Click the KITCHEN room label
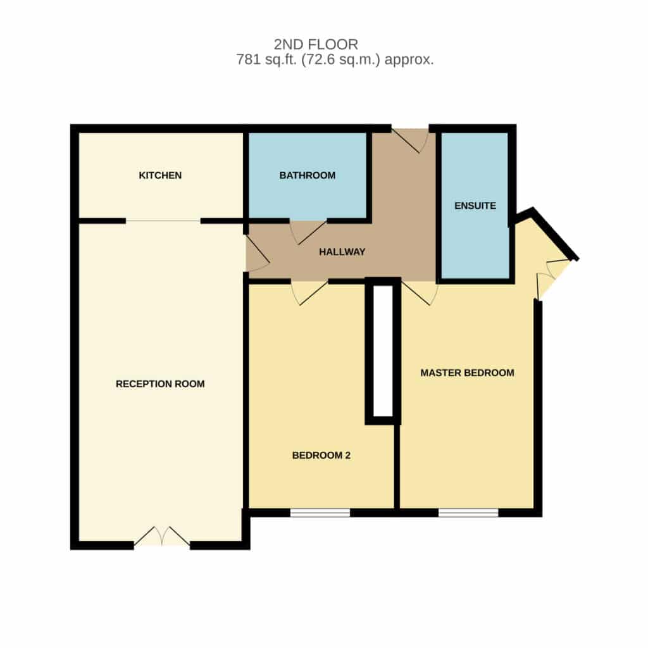coord(160,175)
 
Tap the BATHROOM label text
coord(307,175)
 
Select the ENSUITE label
coord(475,206)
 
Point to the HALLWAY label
coord(342,252)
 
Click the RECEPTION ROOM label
coord(160,384)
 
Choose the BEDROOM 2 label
coord(321,456)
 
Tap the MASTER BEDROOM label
coord(467,373)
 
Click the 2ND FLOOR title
coord(316,44)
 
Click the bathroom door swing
coord(308,232)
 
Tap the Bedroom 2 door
coord(309,293)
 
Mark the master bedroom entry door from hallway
coord(419,293)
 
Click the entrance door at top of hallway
coord(410,140)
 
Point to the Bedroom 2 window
coord(320,513)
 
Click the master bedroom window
coord(468,513)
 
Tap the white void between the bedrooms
coord(383,351)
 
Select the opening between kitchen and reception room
coord(163,221)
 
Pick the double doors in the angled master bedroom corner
coord(554,277)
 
